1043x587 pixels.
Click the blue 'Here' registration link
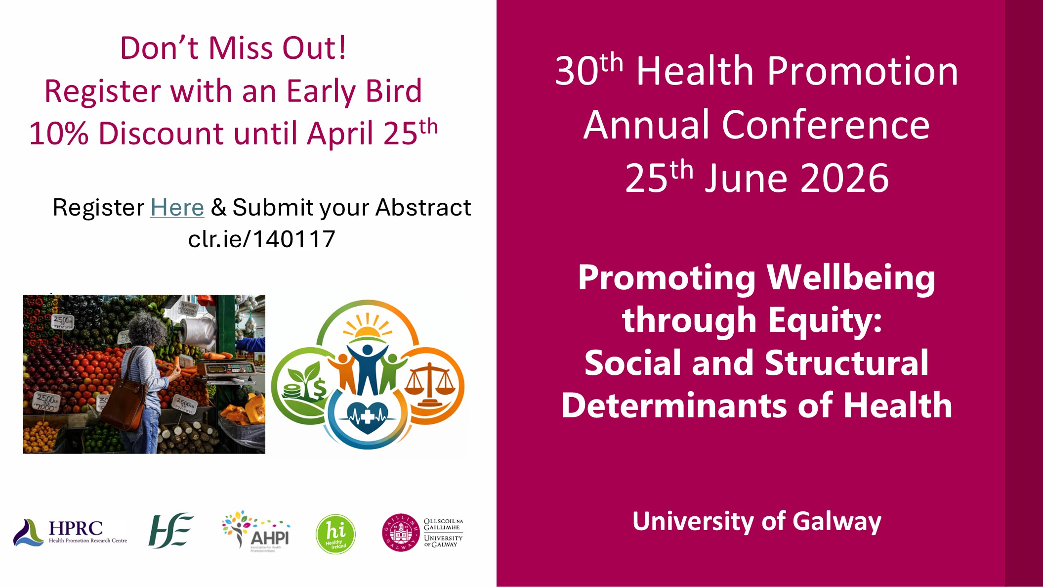pyautogui.click(x=177, y=208)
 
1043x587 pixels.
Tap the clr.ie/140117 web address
pyautogui.click(x=262, y=239)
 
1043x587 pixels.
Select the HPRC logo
pyautogui.click(x=70, y=532)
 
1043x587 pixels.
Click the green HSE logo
pyautogui.click(x=170, y=531)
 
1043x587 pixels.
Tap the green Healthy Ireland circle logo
pyautogui.click(x=335, y=534)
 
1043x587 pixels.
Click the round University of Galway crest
pyautogui.click(x=401, y=533)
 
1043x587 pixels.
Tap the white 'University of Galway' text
pyautogui.click(x=756, y=521)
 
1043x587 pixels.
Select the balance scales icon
pyautogui.click(x=430, y=384)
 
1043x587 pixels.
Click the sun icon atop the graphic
pyautogui.click(x=368, y=329)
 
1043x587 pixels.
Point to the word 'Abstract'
pyautogui.click(x=423, y=208)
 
